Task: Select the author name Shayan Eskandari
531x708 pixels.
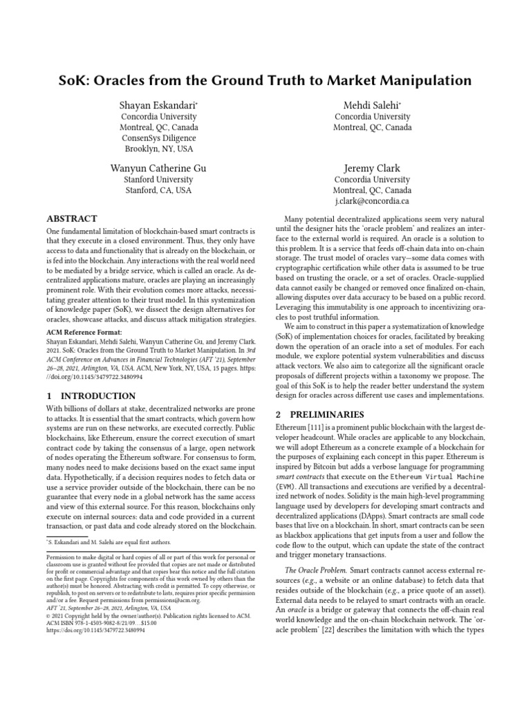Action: [x=159, y=104]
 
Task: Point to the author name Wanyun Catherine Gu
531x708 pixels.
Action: [x=159, y=168]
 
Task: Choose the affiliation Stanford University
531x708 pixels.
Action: [x=159, y=180]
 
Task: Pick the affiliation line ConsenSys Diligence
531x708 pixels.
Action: [x=159, y=138]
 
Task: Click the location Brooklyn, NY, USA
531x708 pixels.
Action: [x=159, y=149]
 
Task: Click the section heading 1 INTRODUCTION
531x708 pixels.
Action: [x=90, y=396]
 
